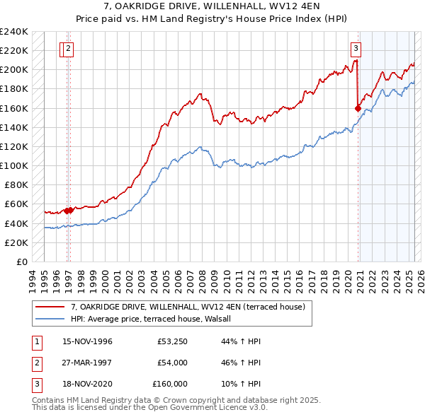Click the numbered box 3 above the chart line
pyautogui.click(x=355, y=49)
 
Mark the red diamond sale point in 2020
pyautogui.click(x=358, y=108)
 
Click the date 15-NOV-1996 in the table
pyautogui.click(x=87, y=341)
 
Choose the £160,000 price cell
pyautogui.click(x=170, y=384)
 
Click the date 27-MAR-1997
pyautogui.click(x=87, y=363)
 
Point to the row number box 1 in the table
pyautogui.click(x=35, y=341)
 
